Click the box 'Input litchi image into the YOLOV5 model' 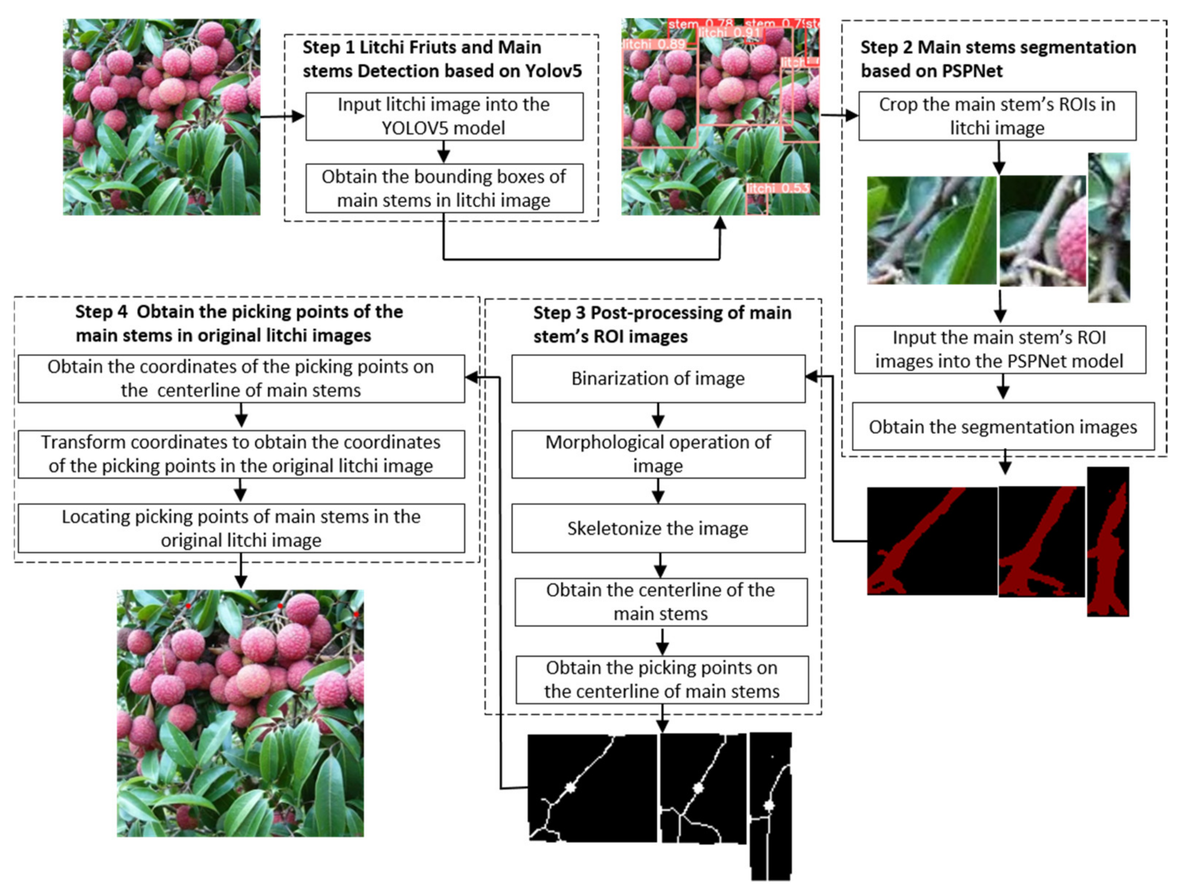tap(444, 116)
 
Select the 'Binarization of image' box tap(658, 378)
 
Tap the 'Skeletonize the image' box tap(658, 528)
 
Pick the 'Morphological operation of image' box tap(658, 454)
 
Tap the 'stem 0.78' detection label tap(700, 24)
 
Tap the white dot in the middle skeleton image tap(698, 788)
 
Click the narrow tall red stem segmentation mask tap(1108, 542)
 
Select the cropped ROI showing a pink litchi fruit tap(1042, 231)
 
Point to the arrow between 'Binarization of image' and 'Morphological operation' tap(658, 415)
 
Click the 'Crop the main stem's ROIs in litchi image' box tap(997, 116)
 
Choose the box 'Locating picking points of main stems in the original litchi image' tap(241, 528)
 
